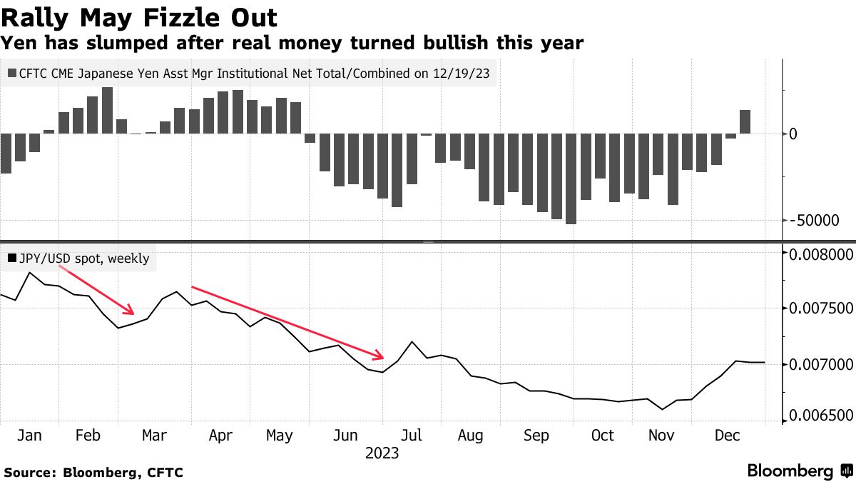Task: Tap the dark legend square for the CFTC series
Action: click(13, 73)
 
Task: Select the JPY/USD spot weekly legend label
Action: click(84, 258)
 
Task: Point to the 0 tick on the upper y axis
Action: click(793, 134)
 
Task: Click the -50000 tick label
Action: click(815, 221)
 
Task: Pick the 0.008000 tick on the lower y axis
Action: click(822, 255)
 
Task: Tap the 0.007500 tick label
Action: click(822, 308)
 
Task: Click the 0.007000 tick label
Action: click(822, 365)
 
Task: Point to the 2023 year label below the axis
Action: click(382, 453)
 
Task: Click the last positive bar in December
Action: click(745, 121)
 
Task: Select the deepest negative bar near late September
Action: click(571, 179)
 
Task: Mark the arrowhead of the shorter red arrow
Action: click(131, 312)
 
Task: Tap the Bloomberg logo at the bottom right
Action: click(791, 471)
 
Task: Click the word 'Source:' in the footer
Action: click(30, 472)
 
